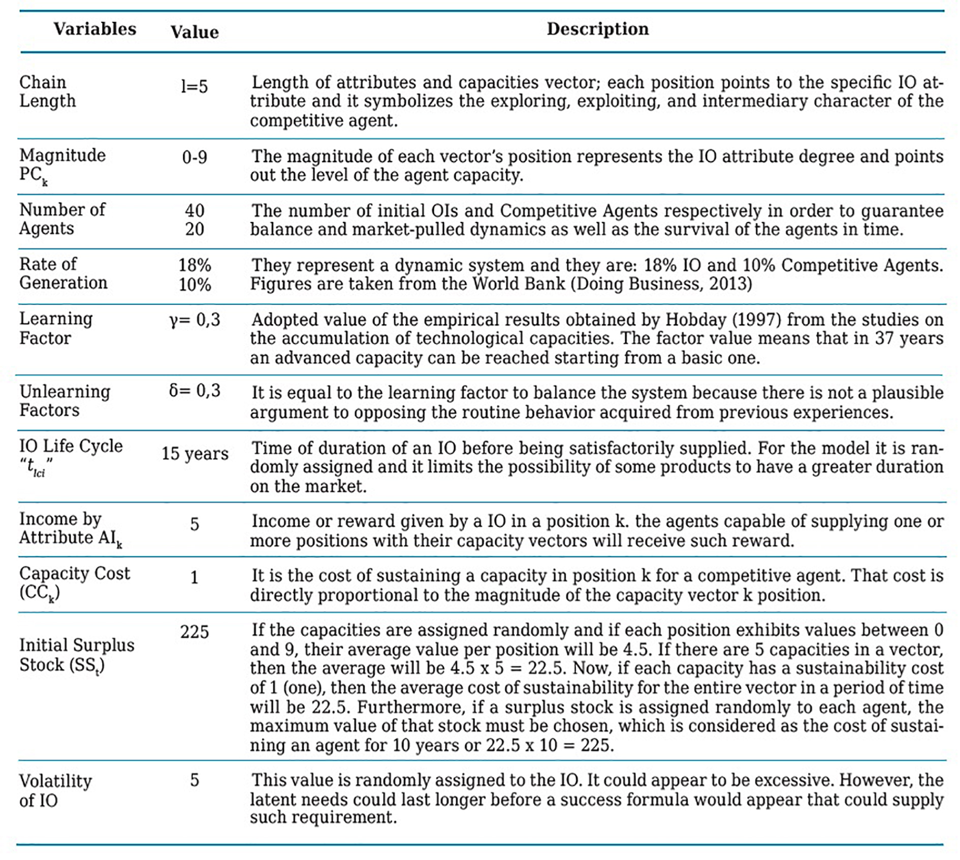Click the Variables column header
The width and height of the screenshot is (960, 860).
tap(95, 29)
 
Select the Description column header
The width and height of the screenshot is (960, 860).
tap(597, 29)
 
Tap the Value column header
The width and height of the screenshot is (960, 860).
tap(195, 32)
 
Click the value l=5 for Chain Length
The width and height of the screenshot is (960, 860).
tap(195, 86)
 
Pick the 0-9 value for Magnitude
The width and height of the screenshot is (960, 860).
tap(195, 157)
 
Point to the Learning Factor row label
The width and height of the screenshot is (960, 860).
tap(56, 328)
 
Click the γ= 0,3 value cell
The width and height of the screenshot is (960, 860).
tap(195, 320)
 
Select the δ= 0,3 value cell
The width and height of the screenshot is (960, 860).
tap(195, 391)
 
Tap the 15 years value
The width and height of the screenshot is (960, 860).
tap(195, 453)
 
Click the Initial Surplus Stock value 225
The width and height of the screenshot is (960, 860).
tap(195, 632)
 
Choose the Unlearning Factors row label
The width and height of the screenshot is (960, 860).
tap(65, 401)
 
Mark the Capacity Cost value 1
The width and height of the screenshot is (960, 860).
tap(195, 578)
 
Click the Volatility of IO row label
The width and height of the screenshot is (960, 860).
tap(55, 790)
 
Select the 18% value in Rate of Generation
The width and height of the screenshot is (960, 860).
tap(195, 265)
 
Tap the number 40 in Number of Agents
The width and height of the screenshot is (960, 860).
tap(195, 210)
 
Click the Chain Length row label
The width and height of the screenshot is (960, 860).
tap(47, 92)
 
